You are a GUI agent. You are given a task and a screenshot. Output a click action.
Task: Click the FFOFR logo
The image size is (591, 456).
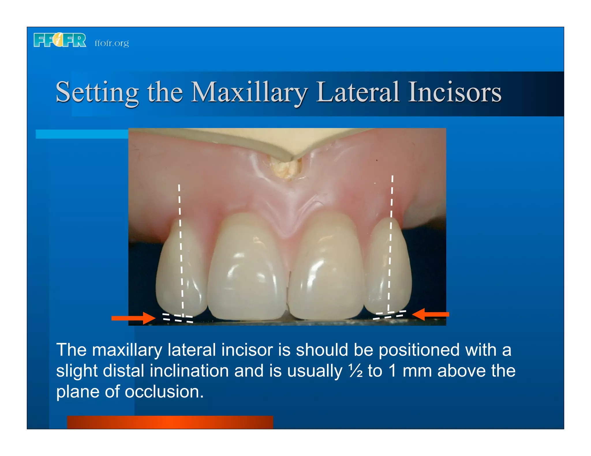60,40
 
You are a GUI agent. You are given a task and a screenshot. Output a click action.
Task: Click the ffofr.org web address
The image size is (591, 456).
112,43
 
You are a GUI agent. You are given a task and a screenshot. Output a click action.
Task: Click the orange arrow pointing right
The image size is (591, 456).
133,318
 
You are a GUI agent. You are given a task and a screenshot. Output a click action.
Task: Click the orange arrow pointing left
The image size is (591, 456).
431,314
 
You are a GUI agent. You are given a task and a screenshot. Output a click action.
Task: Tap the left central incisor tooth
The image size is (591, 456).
247,268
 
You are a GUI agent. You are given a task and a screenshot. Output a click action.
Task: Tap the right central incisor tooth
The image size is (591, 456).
326,268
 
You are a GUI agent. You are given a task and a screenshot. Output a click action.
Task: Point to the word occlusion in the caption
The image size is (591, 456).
164,392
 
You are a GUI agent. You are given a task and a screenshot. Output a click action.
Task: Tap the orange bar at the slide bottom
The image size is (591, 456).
170,422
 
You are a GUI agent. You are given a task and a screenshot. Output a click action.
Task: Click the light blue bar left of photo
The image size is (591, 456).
82,134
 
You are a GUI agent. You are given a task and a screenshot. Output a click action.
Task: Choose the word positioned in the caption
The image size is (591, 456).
419,350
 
